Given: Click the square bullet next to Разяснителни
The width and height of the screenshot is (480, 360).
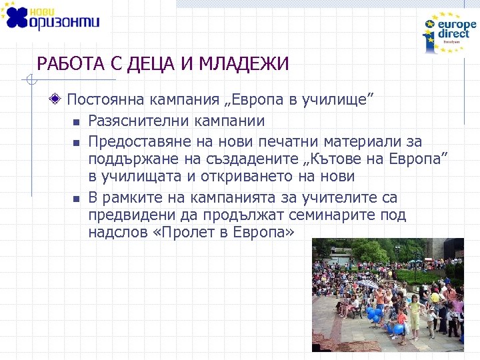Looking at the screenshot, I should (x=76, y=122).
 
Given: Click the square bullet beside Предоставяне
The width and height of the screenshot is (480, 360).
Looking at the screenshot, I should (x=76, y=142).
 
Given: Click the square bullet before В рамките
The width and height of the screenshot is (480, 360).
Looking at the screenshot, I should (x=76, y=198).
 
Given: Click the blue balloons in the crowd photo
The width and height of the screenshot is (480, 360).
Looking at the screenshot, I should (x=376, y=313).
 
